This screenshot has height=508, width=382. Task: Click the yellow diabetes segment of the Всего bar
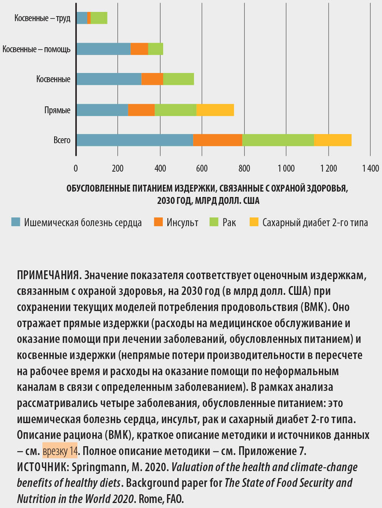click(332, 140)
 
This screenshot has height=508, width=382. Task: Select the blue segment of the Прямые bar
click(102, 110)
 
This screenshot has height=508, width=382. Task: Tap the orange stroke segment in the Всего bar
click(218, 140)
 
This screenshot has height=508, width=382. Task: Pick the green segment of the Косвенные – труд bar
click(99, 18)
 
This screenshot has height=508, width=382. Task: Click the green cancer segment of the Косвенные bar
click(179, 79)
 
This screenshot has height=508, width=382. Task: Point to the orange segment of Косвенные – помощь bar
click(139, 49)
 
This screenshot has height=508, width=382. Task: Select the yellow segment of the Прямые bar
click(215, 110)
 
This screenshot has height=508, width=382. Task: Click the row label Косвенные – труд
click(42, 18)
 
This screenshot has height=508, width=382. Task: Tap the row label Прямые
click(57, 110)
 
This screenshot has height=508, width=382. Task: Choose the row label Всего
click(62, 140)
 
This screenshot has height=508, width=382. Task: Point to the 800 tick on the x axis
click(244, 168)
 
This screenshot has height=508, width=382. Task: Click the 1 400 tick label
click(370, 168)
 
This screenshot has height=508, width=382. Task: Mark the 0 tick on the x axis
click(76, 168)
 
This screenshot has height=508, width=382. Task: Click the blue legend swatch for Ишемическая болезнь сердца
click(16, 222)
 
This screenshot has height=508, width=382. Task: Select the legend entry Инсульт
click(182, 222)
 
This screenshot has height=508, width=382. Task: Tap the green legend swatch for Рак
click(214, 222)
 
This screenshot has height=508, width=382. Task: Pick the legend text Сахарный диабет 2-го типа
click(315, 222)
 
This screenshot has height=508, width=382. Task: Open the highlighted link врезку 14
click(60, 451)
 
